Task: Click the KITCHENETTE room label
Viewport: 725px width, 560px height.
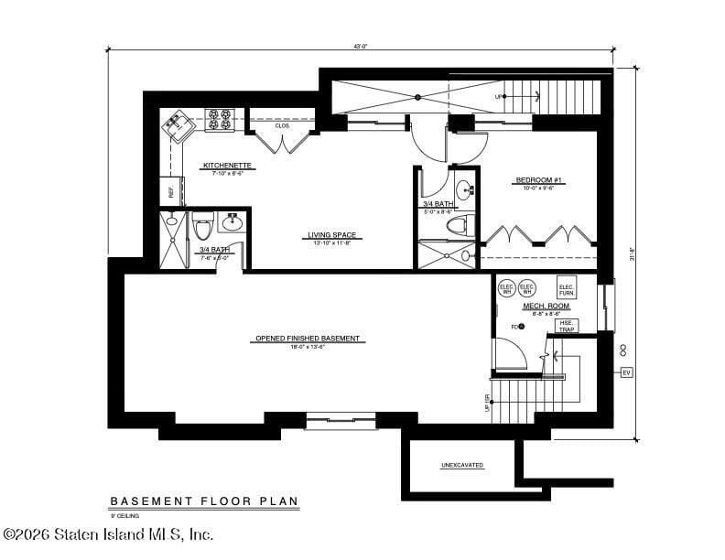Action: coord(228,166)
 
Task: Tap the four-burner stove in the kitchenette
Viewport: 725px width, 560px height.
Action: coord(220,119)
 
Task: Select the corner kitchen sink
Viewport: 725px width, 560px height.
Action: coord(177,124)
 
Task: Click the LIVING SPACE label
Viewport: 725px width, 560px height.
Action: coord(331,235)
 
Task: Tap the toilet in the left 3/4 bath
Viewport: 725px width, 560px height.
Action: coord(203,226)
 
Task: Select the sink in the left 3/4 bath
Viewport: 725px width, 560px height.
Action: coord(232,221)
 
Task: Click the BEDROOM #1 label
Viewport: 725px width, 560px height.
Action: coord(538,181)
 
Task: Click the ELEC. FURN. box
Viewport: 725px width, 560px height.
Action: coord(567,288)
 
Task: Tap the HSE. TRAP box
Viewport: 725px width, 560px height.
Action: coord(567,325)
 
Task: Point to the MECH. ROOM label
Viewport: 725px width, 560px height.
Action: coord(546,307)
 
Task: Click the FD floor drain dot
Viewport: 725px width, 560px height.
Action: coord(523,327)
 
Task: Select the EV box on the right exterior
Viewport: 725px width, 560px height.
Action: coord(626,372)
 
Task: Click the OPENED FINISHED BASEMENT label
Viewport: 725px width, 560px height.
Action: coord(308,339)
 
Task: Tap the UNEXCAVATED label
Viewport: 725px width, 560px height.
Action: coord(462,465)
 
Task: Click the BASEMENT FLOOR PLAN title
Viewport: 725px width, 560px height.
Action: coord(204,501)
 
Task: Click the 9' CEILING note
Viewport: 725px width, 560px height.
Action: coord(127,517)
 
